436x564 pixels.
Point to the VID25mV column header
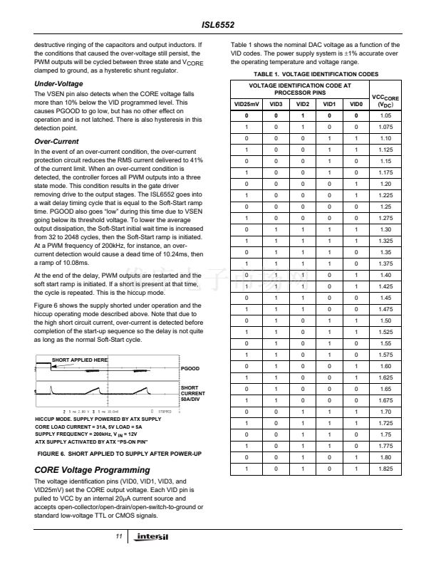click(x=247, y=105)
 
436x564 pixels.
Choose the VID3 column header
click(x=274, y=105)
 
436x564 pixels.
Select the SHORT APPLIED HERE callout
click(x=79, y=360)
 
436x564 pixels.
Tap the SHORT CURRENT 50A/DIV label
click(x=194, y=392)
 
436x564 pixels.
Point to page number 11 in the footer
click(x=119, y=536)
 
